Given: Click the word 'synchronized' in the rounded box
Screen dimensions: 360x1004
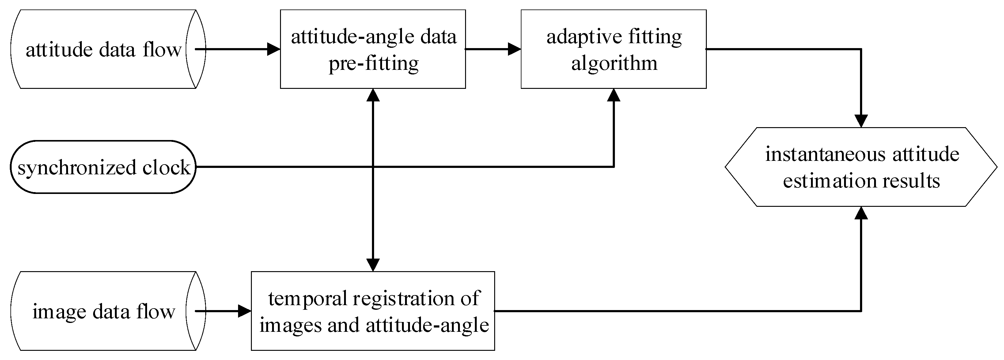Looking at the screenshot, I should tap(76, 168).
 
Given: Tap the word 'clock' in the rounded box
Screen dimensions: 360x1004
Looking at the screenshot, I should tap(166, 168).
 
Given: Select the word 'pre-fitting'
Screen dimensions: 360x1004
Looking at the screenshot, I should tap(373, 63).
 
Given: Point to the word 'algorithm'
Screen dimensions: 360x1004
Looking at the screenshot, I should tap(614, 63).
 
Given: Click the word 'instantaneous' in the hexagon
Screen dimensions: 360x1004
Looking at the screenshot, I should tap(825, 154).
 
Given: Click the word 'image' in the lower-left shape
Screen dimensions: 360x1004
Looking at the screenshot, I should tap(59, 312).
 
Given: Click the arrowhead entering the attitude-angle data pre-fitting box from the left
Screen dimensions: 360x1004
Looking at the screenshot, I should tap(274, 49).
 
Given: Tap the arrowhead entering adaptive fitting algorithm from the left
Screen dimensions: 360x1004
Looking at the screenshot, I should tap(514, 49).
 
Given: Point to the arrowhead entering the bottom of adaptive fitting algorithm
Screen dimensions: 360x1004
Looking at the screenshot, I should tap(614, 95).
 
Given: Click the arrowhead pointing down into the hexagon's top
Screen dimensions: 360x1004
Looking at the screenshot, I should tap(861, 121).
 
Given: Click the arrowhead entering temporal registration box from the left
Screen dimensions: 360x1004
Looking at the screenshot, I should tap(244, 311).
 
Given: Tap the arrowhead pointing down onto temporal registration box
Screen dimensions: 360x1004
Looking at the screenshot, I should tap(373, 265).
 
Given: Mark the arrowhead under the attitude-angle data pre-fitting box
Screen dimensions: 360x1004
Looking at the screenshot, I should tap(373, 95).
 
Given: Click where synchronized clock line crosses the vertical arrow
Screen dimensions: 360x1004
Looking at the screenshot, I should tap(373, 167).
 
